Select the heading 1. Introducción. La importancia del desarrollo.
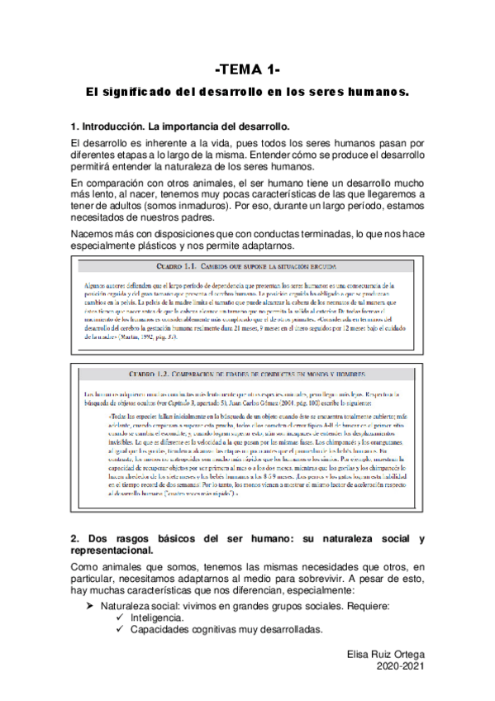(x=180, y=127)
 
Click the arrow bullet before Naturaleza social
(x=89, y=606)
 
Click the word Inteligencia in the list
(x=157, y=618)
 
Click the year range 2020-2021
(x=401, y=665)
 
